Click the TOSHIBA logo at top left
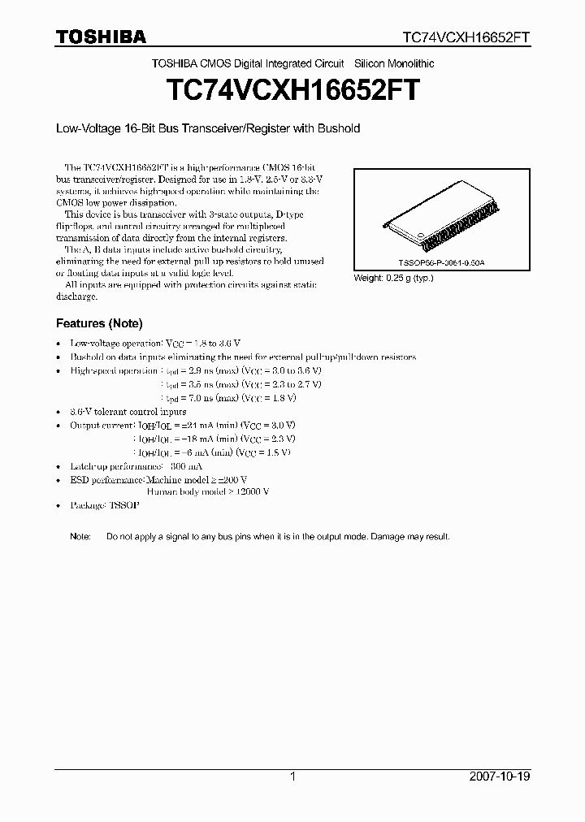pos(101,37)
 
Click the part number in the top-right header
pos(478,37)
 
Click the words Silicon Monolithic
pos(393,63)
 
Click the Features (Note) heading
pos(98,323)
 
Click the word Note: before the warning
pos(80,537)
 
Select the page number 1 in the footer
pos(292,777)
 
